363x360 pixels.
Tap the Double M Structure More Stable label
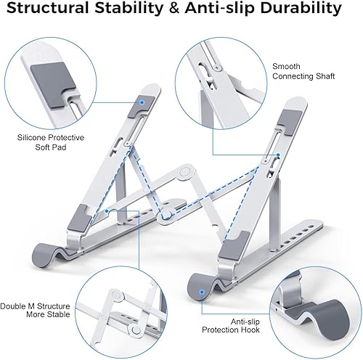[x=36, y=290]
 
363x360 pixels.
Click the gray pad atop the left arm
[x=142, y=107]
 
